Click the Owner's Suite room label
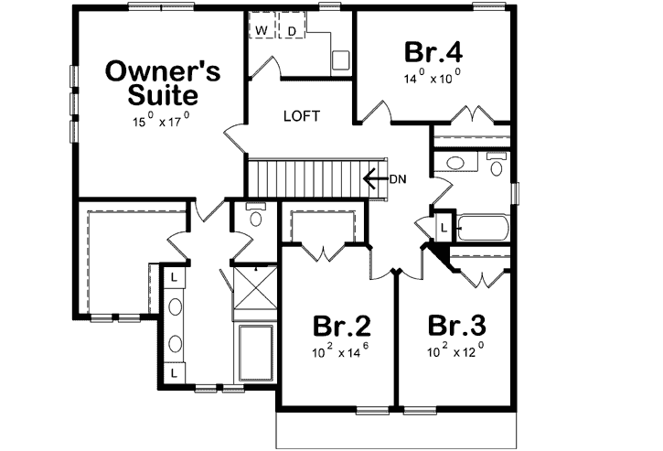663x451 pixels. coord(150,82)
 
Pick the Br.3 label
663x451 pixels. coord(455,326)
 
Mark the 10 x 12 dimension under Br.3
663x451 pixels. coord(454,351)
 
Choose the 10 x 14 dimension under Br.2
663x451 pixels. coord(340,351)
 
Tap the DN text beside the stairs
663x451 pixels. coord(398,178)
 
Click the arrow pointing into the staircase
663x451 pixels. coord(374,177)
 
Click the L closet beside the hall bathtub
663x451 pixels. coord(444,227)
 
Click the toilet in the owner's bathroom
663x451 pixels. coord(255,218)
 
